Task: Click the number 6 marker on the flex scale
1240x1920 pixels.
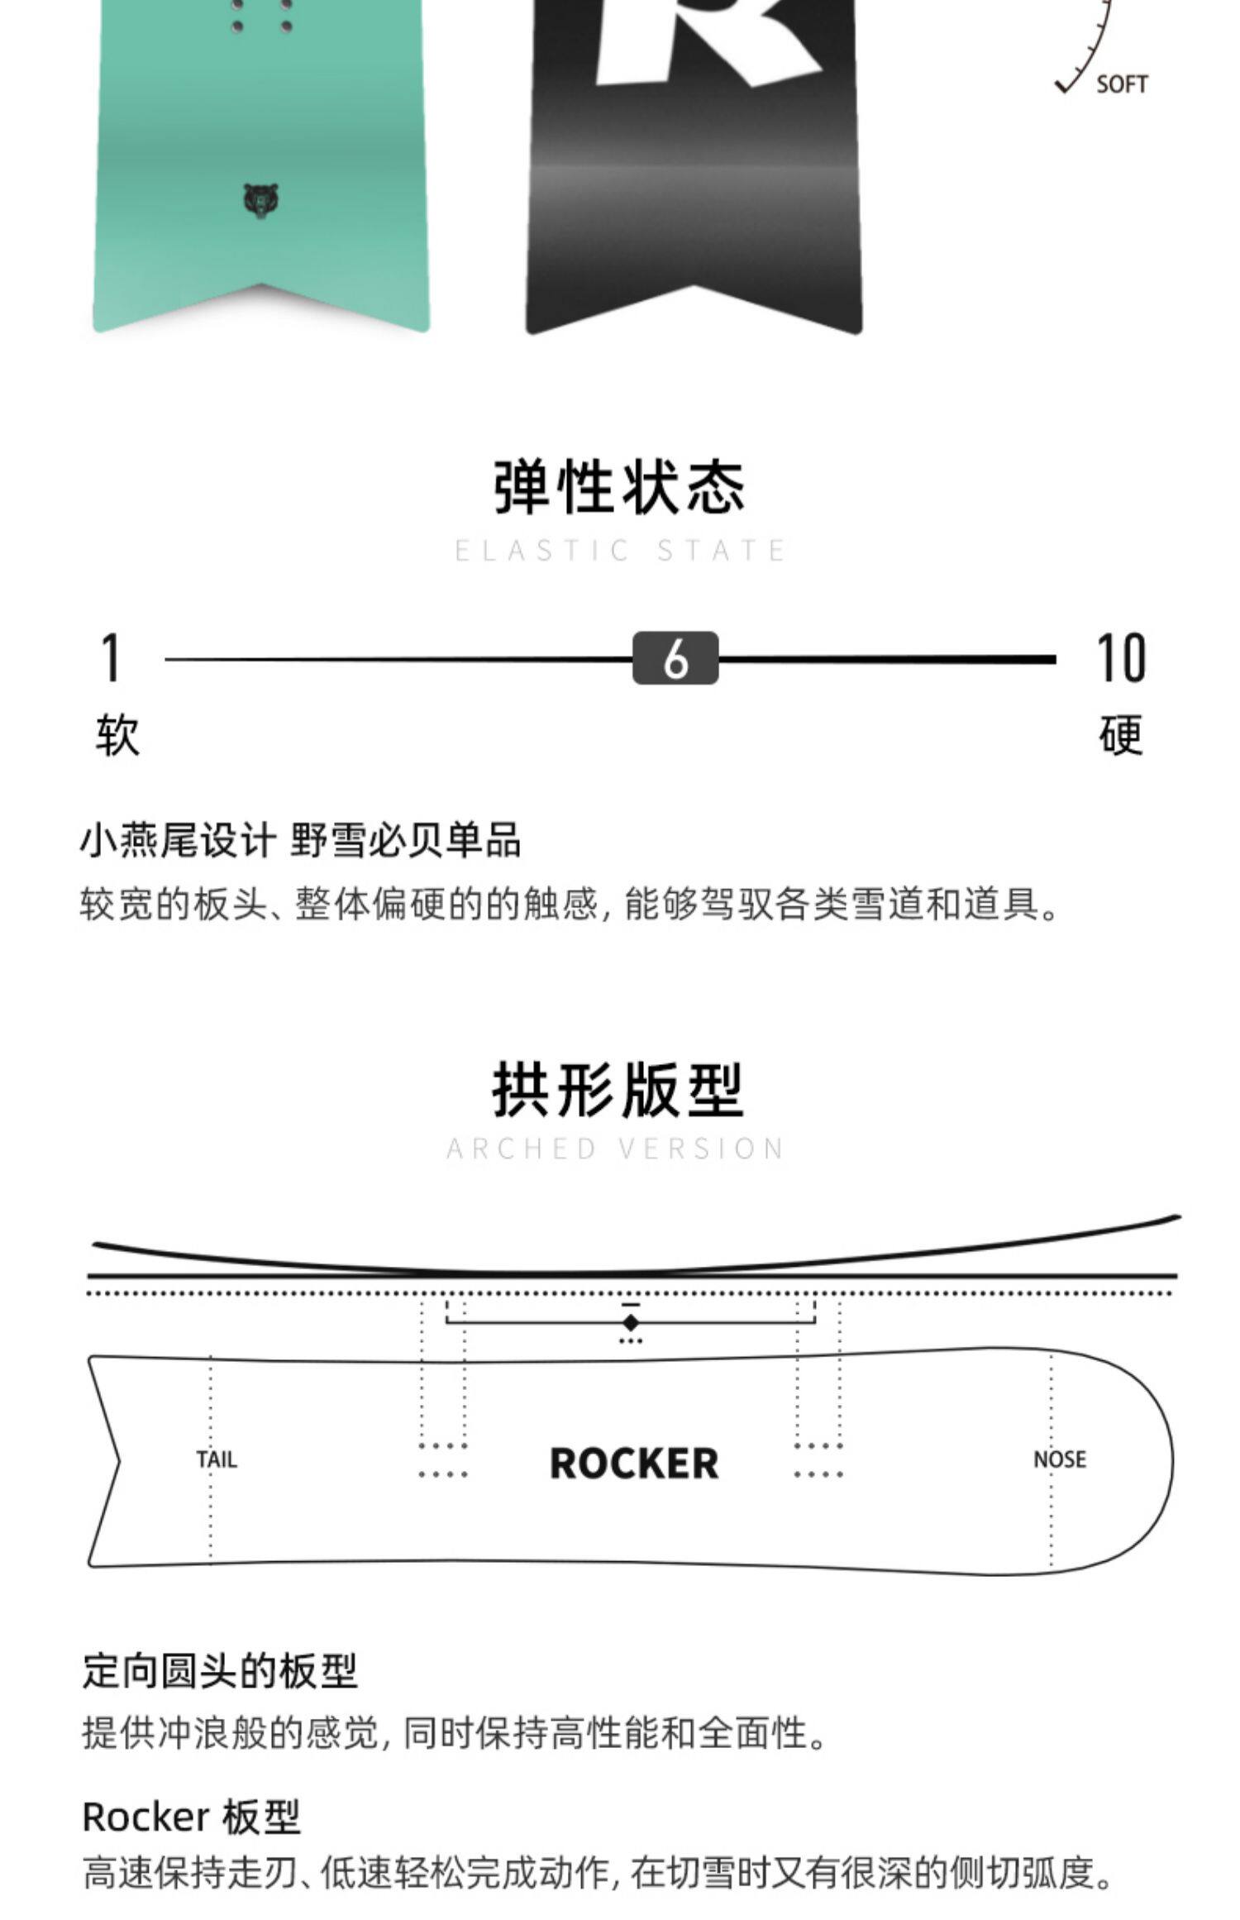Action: tap(675, 658)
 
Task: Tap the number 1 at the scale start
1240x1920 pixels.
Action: tap(111, 658)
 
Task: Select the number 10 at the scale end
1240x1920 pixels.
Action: tap(1120, 658)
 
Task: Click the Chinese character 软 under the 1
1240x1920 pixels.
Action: tap(117, 735)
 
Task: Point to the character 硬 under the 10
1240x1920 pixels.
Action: tap(1121, 735)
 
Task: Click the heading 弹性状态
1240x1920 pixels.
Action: tap(619, 487)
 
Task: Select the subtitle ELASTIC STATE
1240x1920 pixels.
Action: tap(620, 551)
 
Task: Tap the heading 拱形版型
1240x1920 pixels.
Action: tap(618, 1090)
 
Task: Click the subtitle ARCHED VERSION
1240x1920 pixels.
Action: tap(616, 1149)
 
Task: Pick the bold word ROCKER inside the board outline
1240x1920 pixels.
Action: tap(634, 1464)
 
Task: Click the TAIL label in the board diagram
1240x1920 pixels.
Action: tap(217, 1459)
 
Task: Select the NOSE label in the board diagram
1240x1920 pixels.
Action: tap(1060, 1459)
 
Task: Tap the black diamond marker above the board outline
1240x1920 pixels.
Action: tap(631, 1322)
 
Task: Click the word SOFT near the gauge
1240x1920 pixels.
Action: tap(1122, 84)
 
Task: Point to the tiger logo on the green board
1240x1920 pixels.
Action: tap(261, 201)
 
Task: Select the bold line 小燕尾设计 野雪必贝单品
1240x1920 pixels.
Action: tap(300, 841)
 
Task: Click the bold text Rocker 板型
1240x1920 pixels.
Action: tap(191, 1817)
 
